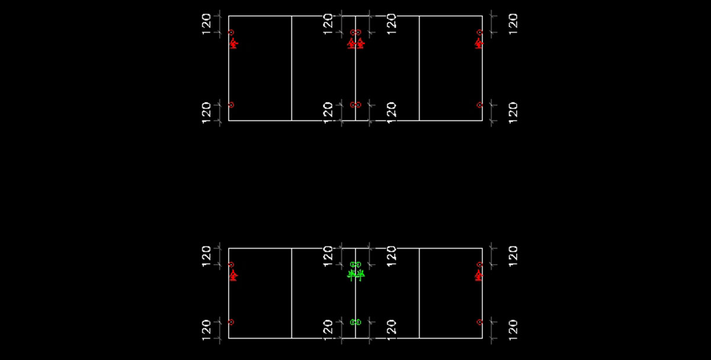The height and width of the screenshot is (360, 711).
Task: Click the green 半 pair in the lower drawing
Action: (355, 275)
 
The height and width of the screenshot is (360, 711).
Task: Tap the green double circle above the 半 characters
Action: (355, 265)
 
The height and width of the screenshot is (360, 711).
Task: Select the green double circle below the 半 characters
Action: (355, 322)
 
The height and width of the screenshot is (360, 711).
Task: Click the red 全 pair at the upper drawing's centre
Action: (355, 43)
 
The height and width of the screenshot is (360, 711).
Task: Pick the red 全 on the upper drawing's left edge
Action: (233, 43)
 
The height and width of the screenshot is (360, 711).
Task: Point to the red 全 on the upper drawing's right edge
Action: (478, 43)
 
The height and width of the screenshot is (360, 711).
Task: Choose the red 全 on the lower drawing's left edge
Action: (233, 275)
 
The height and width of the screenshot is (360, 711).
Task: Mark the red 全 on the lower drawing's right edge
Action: (478, 275)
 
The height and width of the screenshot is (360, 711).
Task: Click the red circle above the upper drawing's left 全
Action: (231, 33)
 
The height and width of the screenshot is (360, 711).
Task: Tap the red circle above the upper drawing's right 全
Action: (480, 33)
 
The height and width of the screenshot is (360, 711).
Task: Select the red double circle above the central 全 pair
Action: (355, 33)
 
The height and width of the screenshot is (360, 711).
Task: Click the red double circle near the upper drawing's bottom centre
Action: (355, 105)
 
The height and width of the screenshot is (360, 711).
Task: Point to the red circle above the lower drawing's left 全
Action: (231, 265)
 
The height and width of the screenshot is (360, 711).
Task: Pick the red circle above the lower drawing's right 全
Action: (480, 265)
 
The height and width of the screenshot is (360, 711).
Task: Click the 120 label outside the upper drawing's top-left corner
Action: (206, 24)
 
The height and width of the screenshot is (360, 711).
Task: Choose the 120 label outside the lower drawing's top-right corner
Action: (513, 256)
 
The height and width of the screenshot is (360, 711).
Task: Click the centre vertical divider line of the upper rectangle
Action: (355, 71)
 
